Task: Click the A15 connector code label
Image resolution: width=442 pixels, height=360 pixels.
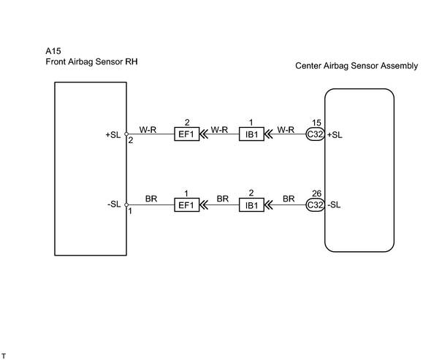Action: click(53, 51)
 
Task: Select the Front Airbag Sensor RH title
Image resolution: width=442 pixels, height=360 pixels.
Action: click(91, 61)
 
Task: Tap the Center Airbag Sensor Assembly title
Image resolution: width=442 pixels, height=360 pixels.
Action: click(357, 66)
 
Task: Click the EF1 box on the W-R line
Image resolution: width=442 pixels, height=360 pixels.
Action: click(186, 134)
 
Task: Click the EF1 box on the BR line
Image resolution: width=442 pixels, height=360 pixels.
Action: click(186, 204)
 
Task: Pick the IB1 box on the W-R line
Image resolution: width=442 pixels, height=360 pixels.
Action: click(251, 134)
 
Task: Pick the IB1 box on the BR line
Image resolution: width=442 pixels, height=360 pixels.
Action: click(251, 204)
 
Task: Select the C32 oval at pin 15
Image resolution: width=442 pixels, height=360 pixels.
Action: click(315, 134)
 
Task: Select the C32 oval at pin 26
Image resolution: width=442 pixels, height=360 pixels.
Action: click(315, 204)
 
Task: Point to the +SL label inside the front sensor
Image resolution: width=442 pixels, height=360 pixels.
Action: click(113, 135)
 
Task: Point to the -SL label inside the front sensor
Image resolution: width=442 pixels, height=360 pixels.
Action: click(114, 204)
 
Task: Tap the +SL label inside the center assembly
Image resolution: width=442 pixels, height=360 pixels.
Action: click(335, 135)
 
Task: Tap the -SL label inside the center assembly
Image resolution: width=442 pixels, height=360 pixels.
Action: click(334, 204)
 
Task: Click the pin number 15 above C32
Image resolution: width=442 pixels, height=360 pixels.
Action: click(316, 123)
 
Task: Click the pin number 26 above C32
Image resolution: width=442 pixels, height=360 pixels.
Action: click(316, 194)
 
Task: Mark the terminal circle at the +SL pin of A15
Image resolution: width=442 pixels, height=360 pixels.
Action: click(126, 134)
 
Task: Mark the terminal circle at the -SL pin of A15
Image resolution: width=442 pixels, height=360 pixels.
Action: click(126, 204)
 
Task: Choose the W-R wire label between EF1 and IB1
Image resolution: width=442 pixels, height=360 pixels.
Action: click(219, 130)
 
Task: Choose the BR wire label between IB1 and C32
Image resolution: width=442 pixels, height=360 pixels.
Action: click(289, 199)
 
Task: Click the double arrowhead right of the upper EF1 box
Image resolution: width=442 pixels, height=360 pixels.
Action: click(204, 134)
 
